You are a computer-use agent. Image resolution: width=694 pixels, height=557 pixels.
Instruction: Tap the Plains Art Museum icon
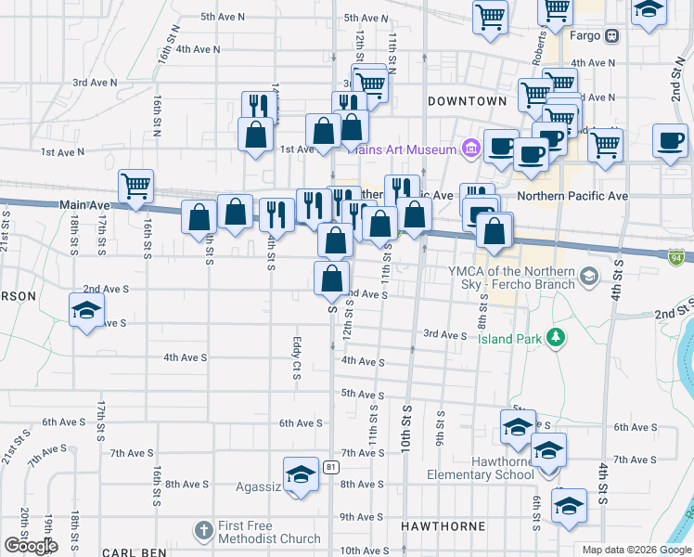pos(470,149)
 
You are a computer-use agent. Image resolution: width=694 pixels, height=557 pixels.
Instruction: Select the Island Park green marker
pos(557,337)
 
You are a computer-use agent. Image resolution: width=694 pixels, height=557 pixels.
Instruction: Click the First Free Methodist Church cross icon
pos(204,531)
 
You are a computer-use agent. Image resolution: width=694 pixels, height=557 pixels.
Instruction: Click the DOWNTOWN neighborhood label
pos(467,100)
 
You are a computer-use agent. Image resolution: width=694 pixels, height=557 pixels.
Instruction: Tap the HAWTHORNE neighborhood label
pos(443,526)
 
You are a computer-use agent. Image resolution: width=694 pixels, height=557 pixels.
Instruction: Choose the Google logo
pos(31,545)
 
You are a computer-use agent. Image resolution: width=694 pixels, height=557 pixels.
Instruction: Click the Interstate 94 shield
pos(676,254)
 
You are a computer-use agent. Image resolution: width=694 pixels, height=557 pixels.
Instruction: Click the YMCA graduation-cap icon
pos(588,276)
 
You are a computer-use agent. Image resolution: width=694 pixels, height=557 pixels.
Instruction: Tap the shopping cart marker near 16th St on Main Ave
pos(136,185)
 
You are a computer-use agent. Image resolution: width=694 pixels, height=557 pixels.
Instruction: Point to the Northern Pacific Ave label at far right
pos(572,196)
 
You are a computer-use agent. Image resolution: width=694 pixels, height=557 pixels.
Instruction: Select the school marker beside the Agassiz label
pos(301,474)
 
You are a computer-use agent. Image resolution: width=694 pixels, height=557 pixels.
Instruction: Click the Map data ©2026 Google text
pos(636,550)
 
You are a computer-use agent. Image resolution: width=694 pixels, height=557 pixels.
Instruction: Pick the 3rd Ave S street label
pos(444,334)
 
